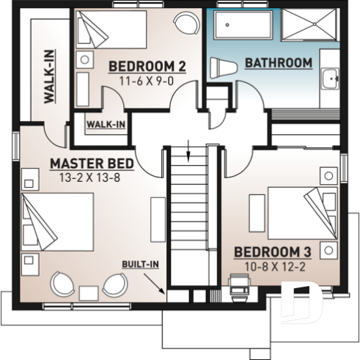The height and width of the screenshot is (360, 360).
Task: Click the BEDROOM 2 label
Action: pos(147,67)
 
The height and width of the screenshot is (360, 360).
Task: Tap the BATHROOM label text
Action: pos(278,63)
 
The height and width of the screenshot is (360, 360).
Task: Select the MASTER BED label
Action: pos(92,163)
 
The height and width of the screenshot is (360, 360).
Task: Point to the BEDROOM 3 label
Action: pos(273,252)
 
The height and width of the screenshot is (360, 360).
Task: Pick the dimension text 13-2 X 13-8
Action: pos(92,177)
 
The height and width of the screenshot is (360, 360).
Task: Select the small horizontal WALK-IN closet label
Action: pos(106,124)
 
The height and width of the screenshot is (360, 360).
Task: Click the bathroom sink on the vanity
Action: pos(331,77)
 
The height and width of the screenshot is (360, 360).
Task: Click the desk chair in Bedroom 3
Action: pos(239,284)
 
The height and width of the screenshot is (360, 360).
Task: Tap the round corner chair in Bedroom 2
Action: pos(189,23)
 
